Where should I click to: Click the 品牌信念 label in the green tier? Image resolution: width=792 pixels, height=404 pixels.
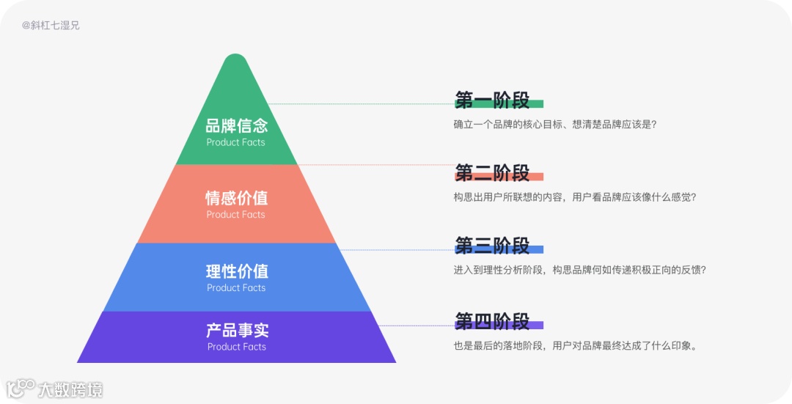pos(236,125)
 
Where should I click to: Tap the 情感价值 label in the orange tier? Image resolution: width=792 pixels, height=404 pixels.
pos(236,198)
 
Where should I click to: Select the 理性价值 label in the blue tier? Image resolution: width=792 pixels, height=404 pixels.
pos(236,271)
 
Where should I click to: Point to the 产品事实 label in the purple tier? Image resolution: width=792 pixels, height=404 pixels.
pos(236,331)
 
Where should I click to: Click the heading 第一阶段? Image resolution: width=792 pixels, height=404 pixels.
pos(492,100)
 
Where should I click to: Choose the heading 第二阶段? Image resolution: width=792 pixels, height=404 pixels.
pos(492,173)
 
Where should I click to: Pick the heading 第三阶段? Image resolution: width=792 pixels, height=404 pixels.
pos(492,246)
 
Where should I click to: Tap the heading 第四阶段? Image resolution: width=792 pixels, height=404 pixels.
pos(492,321)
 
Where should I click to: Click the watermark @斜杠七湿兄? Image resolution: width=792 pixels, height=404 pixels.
pos(51,25)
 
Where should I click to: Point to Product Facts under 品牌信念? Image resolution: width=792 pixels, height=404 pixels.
pos(236,142)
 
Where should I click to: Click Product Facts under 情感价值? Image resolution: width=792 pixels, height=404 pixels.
pos(236,215)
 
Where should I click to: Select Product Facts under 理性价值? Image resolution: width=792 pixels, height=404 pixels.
pos(236,288)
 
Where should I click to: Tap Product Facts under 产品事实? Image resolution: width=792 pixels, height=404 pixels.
pos(236,347)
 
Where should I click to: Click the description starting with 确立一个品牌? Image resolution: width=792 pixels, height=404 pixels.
pos(555,125)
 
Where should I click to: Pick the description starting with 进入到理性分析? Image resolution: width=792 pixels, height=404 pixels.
pos(579,270)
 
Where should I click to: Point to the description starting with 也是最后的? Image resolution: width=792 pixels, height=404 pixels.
pos(575,345)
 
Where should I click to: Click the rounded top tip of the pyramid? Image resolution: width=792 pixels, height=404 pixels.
pos(235,59)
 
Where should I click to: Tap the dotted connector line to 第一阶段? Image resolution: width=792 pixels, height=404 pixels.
pos(359,104)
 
